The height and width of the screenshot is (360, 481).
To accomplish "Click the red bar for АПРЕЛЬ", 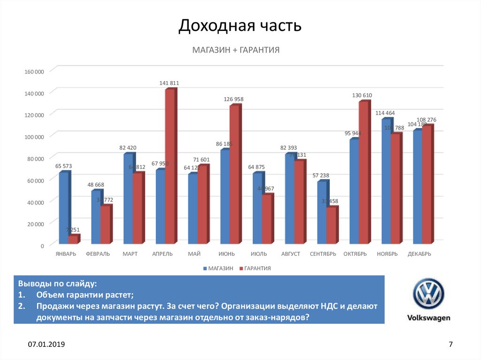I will (x=170, y=166).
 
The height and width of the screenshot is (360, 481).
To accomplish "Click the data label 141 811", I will (x=169, y=83).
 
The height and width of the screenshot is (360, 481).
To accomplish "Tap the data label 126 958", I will (x=233, y=99).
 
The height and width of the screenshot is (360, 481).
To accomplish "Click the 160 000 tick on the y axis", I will (x=34, y=71).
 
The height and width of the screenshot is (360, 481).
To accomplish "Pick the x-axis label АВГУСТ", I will (x=290, y=254).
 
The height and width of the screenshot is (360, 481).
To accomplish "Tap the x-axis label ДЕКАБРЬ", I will (x=419, y=254).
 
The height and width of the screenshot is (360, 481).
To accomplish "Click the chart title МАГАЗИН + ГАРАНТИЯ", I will (x=235, y=49).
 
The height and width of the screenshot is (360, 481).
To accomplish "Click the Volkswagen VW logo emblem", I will (x=428, y=294).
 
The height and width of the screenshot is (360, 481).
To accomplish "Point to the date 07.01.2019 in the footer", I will (x=46, y=345).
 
